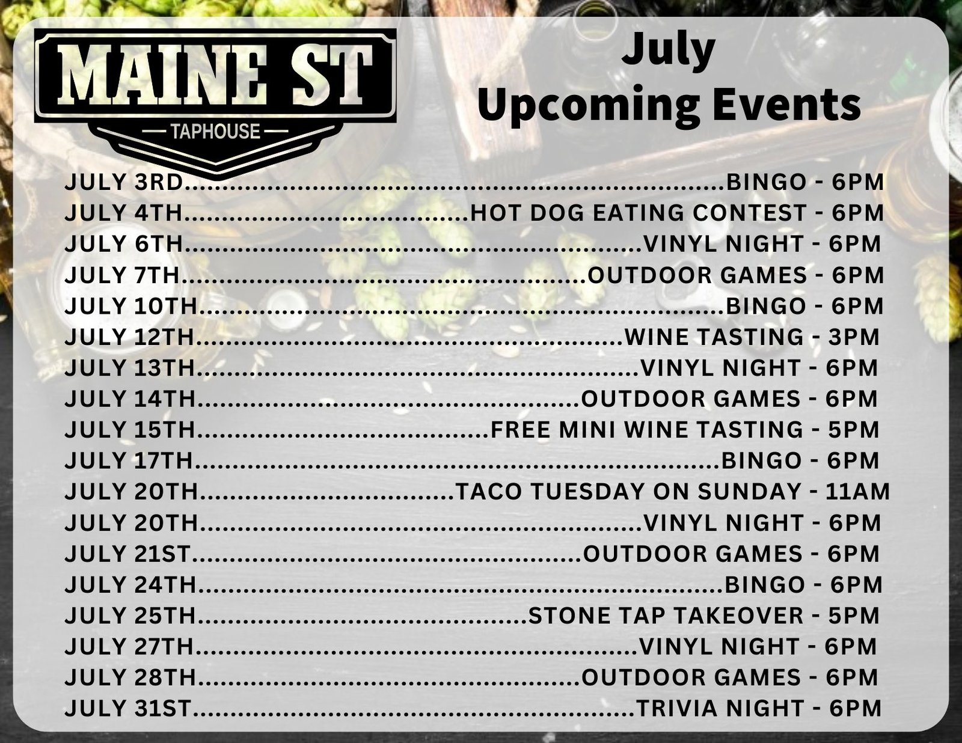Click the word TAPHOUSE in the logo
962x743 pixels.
[x=216, y=132]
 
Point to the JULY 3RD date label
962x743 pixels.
[x=123, y=182]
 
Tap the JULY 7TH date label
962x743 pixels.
[x=121, y=275]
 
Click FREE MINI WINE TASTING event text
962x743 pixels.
[x=647, y=430]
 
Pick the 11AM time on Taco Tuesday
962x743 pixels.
[x=857, y=492]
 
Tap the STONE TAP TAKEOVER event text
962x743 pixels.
[x=666, y=616]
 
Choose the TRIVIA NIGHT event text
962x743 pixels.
[x=720, y=709]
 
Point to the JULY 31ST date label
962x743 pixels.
[x=128, y=709]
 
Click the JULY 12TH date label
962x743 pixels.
[x=130, y=337]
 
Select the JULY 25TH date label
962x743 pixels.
[x=130, y=616]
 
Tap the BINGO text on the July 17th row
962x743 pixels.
[x=761, y=460]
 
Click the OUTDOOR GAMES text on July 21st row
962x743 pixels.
[x=693, y=554]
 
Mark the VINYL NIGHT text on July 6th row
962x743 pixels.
[x=723, y=244]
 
